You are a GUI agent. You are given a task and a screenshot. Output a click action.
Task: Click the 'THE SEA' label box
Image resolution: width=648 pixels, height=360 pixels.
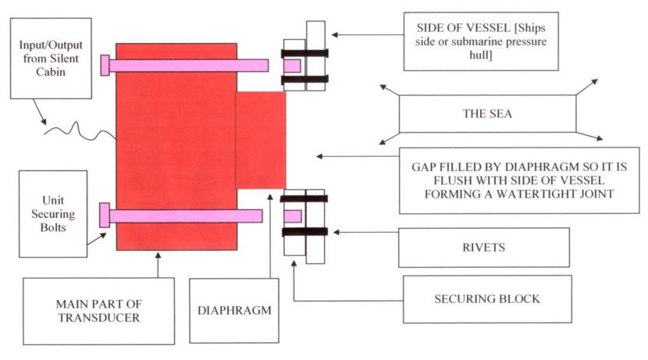487,114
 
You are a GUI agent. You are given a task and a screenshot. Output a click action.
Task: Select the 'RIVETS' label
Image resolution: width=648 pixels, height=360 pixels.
484,248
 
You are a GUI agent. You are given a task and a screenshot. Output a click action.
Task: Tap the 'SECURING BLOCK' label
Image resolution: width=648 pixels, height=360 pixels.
487,299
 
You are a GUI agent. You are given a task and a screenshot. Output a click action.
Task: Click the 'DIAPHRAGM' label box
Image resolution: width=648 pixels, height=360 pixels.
234,310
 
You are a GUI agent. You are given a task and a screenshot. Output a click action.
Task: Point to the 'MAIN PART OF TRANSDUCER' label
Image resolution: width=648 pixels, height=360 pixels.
99,311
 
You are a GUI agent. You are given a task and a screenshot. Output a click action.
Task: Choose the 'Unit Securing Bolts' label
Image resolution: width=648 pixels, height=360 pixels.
53,214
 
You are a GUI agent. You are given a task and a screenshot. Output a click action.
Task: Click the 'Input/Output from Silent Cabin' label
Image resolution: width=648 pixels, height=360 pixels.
51,59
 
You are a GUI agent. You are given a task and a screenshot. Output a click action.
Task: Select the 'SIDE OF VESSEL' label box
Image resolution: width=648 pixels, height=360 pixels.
481,41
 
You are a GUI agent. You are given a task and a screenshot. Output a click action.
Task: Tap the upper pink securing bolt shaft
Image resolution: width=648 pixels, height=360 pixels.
189,66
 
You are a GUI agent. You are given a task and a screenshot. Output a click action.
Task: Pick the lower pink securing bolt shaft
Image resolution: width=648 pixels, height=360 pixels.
186,216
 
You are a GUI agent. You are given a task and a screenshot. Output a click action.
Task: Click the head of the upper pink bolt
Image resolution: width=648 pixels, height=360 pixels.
105,66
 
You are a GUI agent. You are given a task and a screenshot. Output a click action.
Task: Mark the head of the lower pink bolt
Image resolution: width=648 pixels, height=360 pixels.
105,215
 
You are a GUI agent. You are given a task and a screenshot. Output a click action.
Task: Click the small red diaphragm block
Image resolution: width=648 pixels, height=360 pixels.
261,140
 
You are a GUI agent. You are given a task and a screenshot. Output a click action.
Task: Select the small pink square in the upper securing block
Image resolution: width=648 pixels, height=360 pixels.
292,66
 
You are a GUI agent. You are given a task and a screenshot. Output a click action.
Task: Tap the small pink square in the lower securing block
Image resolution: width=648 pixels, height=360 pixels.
293,216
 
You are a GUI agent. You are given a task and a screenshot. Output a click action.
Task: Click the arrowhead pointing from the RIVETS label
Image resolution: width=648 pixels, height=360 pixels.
336,232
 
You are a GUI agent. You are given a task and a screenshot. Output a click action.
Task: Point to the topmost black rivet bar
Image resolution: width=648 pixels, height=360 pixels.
305,53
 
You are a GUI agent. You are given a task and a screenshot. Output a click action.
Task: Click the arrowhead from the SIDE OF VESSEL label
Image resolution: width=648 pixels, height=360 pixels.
335,34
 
